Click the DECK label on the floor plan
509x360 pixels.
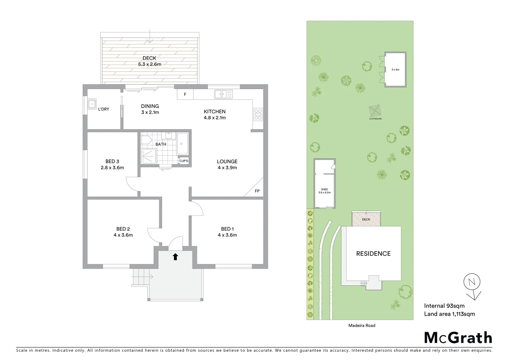click(x=149, y=58)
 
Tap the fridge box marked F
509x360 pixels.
click(x=185, y=94)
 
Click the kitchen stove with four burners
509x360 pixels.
click(x=258, y=114)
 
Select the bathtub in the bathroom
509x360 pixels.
click(x=182, y=143)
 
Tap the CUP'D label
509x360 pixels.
click(x=184, y=161)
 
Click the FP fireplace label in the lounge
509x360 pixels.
click(x=257, y=191)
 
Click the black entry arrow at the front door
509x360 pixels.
click(x=175, y=256)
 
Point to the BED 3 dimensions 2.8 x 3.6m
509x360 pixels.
click(x=112, y=168)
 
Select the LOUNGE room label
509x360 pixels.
click(x=227, y=161)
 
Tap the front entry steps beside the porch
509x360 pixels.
click(x=140, y=277)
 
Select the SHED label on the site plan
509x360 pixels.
click(x=324, y=189)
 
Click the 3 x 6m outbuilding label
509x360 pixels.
click(x=395, y=70)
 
